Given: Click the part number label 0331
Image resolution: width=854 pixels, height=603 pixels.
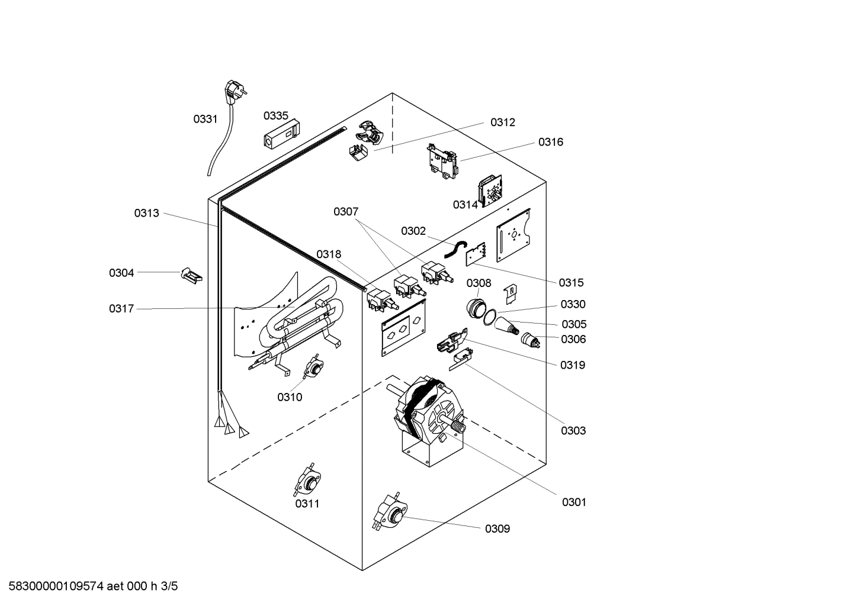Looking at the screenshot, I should pyautogui.click(x=206, y=119).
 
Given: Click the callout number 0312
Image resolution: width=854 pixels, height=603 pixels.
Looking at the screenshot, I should pyautogui.click(x=502, y=122).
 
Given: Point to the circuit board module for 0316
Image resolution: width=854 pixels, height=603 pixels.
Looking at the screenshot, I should pyautogui.click(x=443, y=161).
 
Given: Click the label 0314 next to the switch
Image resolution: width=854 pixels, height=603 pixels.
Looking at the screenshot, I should pyautogui.click(x=465, y=205).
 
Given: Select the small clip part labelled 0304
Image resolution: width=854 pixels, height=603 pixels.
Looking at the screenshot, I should pyautogui.click(x=191, y=275).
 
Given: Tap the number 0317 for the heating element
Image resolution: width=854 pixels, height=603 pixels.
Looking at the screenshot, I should pyautogui.click(x=121, y=309).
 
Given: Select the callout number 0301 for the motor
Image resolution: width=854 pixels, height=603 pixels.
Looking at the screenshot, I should pyautogui.click(x=574, y=502).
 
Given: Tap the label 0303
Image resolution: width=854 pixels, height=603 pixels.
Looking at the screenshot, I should pyautogui.click(x=573, y=431).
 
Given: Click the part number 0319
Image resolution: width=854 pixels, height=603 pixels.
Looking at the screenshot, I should pyautogui.click(x=573, y=365).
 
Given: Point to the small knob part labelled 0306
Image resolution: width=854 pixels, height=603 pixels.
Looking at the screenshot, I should pyautogui.click(x=529, y=340).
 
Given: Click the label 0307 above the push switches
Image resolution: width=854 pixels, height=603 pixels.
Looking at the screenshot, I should pyautogui.click(x=346, y=212).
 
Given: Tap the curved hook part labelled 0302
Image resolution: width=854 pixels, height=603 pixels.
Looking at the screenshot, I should pyautogui.click(x=456, y=250).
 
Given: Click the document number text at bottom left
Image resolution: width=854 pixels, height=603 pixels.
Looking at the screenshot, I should pyautogui.click(x=89, y=586).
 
